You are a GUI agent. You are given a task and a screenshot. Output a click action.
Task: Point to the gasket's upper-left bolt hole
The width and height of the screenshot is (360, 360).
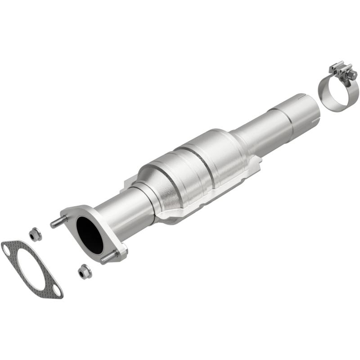8,247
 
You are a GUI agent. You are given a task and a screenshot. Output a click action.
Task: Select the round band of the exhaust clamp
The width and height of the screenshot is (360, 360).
338,92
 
